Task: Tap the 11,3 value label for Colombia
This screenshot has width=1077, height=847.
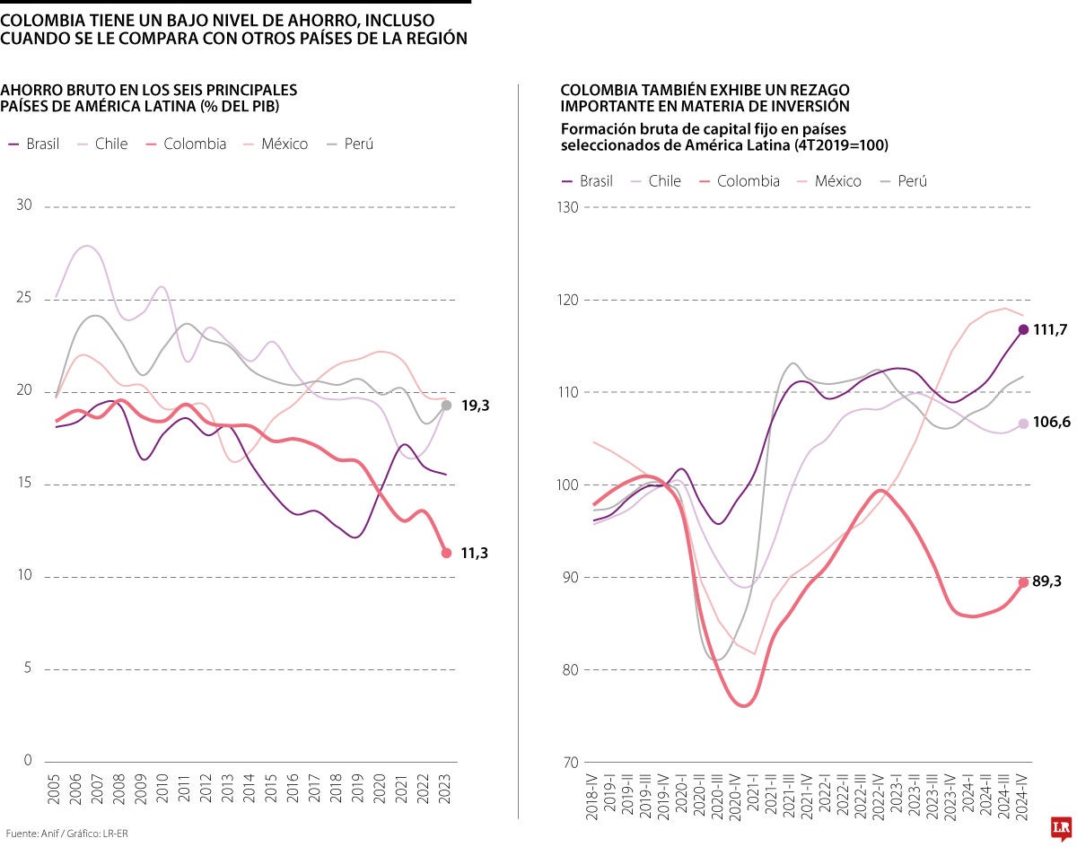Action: click(474, 554)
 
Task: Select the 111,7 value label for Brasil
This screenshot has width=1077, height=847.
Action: click(1050, 330)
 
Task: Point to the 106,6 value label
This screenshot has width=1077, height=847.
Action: click(1052, 423)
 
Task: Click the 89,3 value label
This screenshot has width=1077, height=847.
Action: click(1046, 582)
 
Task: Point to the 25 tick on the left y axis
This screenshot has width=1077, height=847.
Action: click(24, 299)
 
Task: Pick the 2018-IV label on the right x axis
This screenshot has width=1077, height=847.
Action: click(592, 794)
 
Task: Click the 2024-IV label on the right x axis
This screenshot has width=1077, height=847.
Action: click(1023, 794)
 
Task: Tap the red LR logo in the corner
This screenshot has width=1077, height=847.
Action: click(1060, 828)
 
